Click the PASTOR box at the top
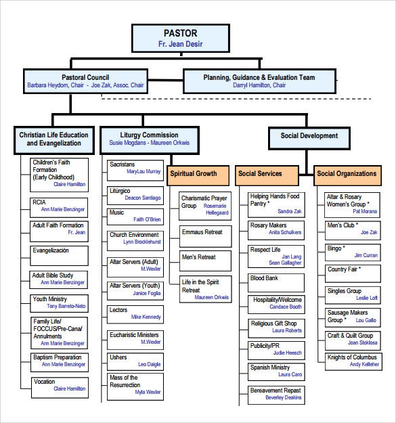coord(180,38)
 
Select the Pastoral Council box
coord(85,81)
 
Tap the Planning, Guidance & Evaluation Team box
coord(259,81)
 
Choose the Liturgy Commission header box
coord(149,139)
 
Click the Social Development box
coord(309,136)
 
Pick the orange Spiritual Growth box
coord(194,174)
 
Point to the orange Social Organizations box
coord(347,174)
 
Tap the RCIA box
coord(60,206)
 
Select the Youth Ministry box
coord(60,303)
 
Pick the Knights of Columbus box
coord(353,361)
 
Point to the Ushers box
coord(135,361)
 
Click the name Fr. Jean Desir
coord(180,45)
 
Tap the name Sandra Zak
coord(290,211)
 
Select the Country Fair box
coord(353,273)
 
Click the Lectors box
coord(135,313)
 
